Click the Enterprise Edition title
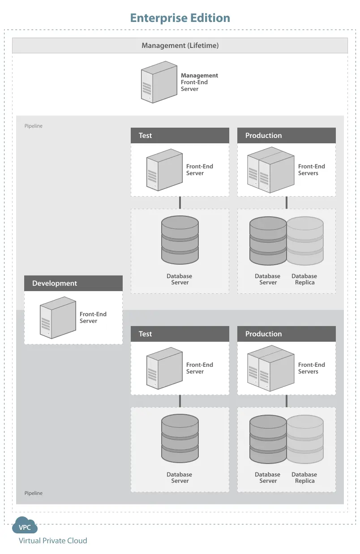pos(180,18)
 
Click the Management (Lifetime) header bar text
pos(180,46)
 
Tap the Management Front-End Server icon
pos(159,82)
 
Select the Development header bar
pos(73,283)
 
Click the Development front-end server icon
pos(58,318)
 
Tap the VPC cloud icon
pos(25,525)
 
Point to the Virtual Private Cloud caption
pos(53,541)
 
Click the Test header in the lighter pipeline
pos(180,136)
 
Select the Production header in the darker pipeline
pos(287,334)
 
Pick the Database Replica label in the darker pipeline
pos(304,477)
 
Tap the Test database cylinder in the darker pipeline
pos(180,438)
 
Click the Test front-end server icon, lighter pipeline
pos(164,170)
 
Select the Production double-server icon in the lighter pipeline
pos(271,170)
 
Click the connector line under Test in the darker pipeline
pos(180,401)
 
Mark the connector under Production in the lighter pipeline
pos(287,202)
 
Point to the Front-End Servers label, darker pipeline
pos(312,368)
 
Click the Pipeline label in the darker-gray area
pos(34,493)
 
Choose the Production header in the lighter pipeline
pos(287,136)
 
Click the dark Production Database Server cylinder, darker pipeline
pos(268,439)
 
